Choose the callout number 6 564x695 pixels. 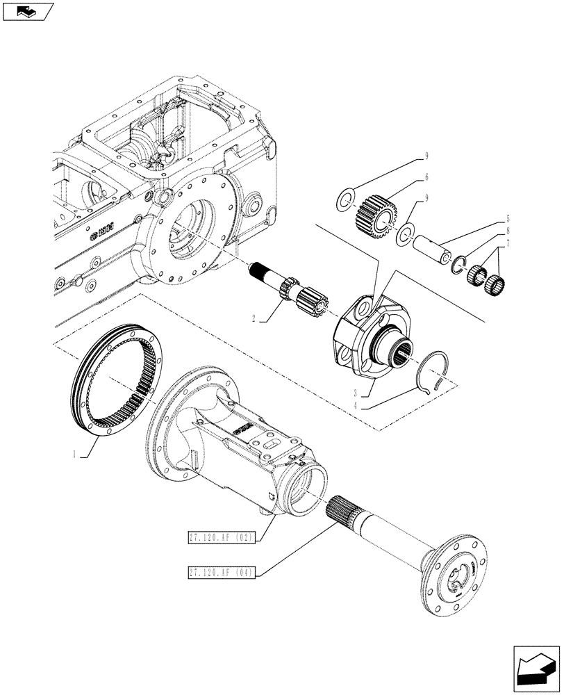[x=426, y=177]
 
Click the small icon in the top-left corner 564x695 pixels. [x=28, y=11]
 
